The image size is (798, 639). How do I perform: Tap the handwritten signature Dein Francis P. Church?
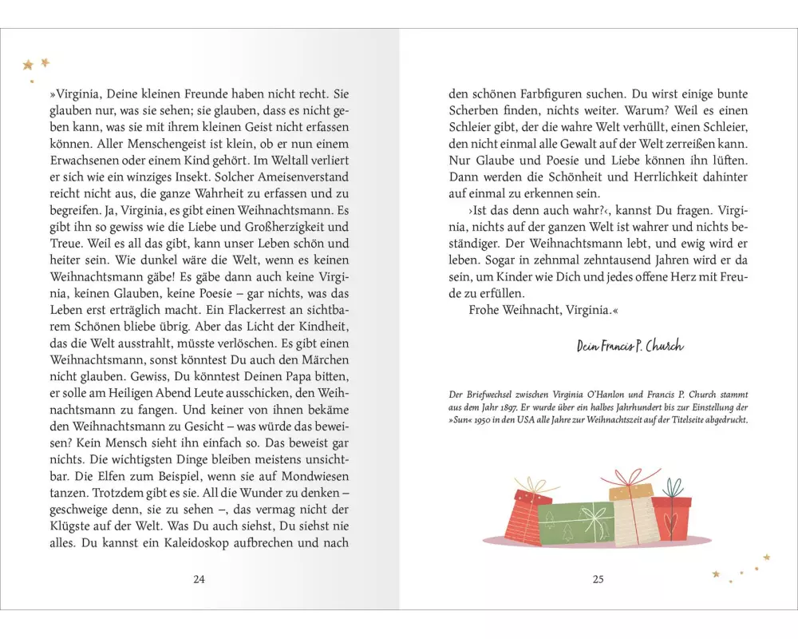point(630,346)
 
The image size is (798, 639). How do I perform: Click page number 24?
point(199,579)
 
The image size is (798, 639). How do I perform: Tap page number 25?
point(598,579)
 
